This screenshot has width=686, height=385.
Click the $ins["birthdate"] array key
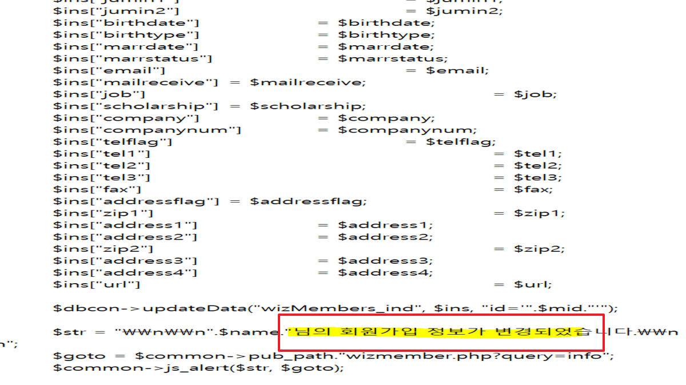click(x=126, y=23)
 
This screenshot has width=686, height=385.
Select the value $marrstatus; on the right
click(x=393, y=58)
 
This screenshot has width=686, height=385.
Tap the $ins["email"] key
click(x=109, y=70)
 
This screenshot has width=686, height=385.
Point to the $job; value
click(x=535, y=94)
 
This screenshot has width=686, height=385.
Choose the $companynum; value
click(x=407, y=130)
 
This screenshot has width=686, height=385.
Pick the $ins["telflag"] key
click(x=113, y=142)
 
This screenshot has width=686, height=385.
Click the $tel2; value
click(x=537, y=165)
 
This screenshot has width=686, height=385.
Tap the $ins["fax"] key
click(x=98, y=189)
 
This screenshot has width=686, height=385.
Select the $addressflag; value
click(x=308, y=201)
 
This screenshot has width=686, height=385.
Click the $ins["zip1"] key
click(x=103, y=213)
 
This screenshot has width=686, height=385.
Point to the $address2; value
click(x=385, y=237)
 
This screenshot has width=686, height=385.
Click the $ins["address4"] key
click(x=125, y=272)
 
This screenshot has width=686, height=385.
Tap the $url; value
click(x=533, y=284)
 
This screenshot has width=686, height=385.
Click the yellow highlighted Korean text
click(x=437, y=331)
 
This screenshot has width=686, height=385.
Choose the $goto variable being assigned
click(x=70, y=356)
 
